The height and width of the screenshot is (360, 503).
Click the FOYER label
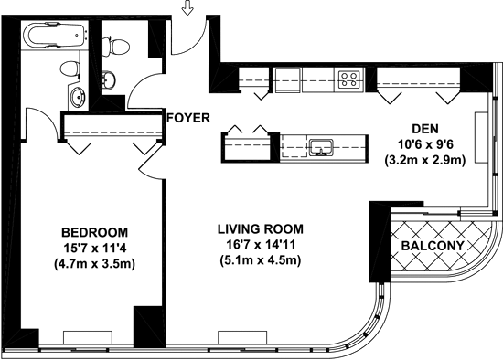(188, 118)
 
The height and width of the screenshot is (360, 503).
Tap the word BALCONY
(433, 246)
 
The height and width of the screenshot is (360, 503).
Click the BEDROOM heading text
(94, 232)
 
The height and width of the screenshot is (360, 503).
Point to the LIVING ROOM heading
(261, 229)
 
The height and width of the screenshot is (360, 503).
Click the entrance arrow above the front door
(187, 8)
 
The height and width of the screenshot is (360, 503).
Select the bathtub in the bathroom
(55, 36)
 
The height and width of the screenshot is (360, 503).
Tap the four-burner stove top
(349, 79)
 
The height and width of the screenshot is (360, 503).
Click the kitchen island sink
(321, 148)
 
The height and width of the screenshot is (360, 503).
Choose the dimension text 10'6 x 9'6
(425, 144)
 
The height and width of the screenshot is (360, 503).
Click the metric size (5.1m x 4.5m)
(261, 260)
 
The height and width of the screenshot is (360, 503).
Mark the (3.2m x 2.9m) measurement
(425, 160)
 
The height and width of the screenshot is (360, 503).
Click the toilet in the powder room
(115, 47)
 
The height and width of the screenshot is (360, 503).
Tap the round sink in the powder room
(109, 79)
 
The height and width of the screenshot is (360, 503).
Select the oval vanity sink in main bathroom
(78, 96)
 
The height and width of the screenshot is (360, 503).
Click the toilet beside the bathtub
(70, 69)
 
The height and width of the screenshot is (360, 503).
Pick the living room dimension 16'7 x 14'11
(261, 245)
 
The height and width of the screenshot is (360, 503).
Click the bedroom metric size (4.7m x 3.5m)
(94, 263)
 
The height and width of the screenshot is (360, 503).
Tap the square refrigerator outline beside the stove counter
(288, 79)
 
